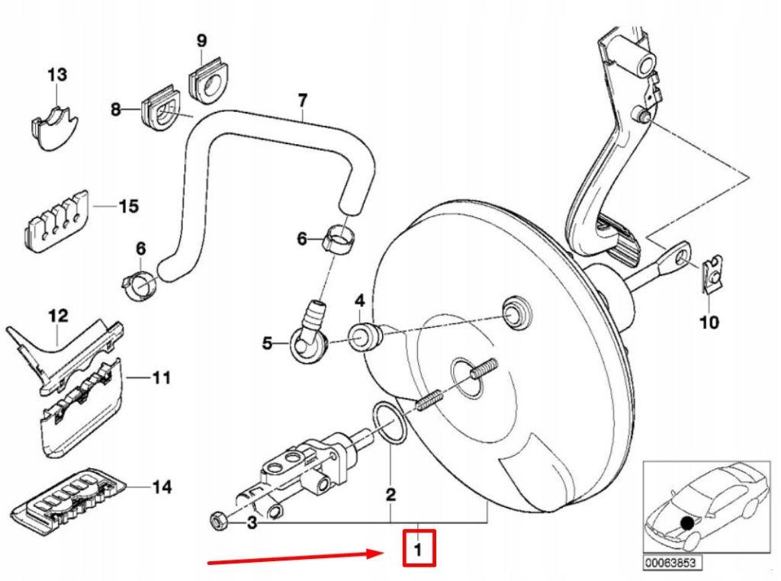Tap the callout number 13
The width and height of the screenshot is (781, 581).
click(57, 75)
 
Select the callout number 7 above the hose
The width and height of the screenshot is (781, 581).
click(302, 100)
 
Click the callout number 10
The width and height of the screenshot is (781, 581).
click(709, 323)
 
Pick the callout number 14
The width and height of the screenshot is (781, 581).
click(161, 486)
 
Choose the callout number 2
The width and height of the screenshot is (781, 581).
click(390, 496)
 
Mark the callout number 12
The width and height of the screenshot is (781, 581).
click(59, 316)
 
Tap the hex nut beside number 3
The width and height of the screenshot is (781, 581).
click(216, 522)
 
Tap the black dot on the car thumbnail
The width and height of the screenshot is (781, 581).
click(688, 523)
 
